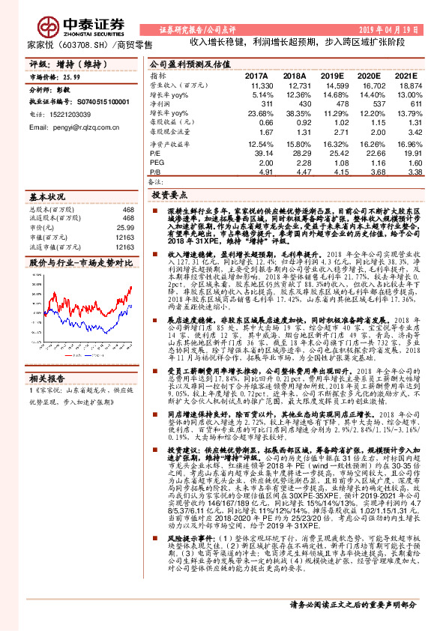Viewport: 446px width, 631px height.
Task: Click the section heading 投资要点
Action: [169, 194]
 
